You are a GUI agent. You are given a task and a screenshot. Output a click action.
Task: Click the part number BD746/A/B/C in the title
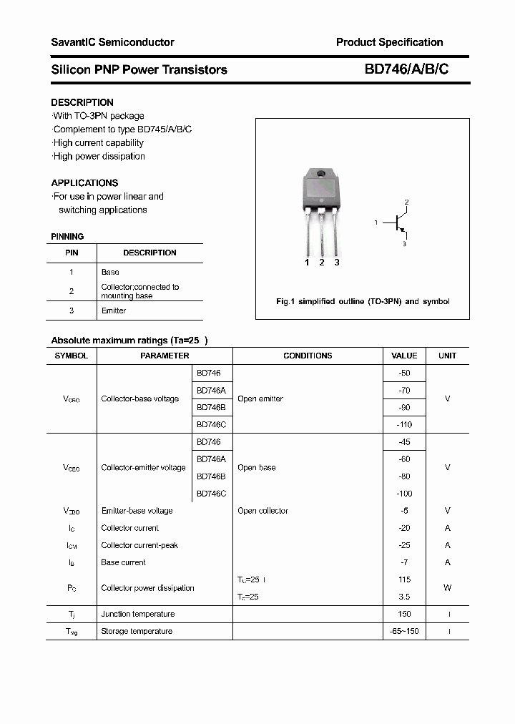(x=406, y=69)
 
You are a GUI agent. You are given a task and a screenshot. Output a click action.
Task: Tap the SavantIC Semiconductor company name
(x=112, y=42)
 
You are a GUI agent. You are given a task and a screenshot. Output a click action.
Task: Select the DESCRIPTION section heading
(x=82, y=102)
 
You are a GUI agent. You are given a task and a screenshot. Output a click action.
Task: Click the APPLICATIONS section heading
(x=84, y=182)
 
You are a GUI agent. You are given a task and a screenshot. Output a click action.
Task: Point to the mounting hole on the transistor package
(x=322, y=175)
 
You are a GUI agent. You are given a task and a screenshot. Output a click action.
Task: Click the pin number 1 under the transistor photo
(x=307, y=263)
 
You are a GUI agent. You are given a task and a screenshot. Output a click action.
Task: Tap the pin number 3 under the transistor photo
(x=337, y=263)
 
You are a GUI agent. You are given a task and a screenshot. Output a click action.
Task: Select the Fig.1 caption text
(x=363, y=301)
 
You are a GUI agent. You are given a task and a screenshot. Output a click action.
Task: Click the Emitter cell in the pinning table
(x=114, y=310)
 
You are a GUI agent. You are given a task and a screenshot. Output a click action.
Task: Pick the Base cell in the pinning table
(x=110, y=272)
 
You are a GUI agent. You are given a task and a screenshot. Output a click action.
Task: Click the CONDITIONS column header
(x=308, y=356)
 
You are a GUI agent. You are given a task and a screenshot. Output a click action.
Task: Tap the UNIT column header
(x=448, y=356)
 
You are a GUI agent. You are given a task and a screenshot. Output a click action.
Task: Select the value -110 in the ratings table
(x=404, y=424)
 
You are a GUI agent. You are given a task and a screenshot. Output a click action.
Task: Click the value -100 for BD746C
(x=404, y=494)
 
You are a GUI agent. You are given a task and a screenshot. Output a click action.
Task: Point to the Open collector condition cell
(x=263, y=511)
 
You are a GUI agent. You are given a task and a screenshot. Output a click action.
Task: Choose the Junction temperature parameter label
(x=137, y=614)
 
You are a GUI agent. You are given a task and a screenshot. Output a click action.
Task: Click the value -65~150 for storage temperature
(x=404, y=631)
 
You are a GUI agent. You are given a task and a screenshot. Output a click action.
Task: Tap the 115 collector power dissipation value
(x=404, y=579)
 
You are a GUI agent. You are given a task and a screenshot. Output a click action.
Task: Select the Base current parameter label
(x=123, y=562)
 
